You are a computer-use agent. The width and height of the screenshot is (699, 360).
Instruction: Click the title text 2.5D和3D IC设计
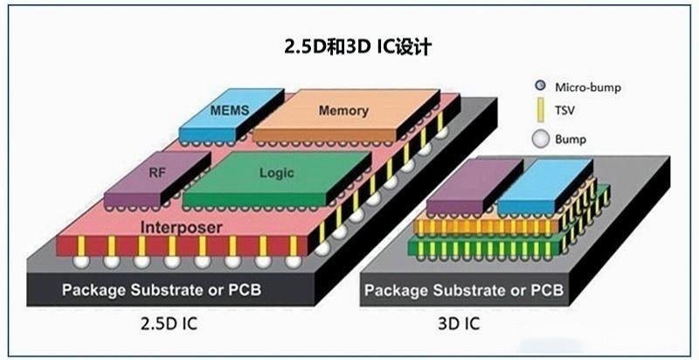349,45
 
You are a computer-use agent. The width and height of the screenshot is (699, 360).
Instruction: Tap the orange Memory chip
343,112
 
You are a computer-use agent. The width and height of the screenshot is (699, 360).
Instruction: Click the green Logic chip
275,173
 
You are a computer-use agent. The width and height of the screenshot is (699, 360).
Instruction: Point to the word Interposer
182,227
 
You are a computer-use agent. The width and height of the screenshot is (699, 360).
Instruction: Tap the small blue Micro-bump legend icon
540,86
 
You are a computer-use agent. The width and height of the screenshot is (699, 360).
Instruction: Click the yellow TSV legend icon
540,111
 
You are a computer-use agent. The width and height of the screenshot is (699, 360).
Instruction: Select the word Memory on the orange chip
343,111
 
